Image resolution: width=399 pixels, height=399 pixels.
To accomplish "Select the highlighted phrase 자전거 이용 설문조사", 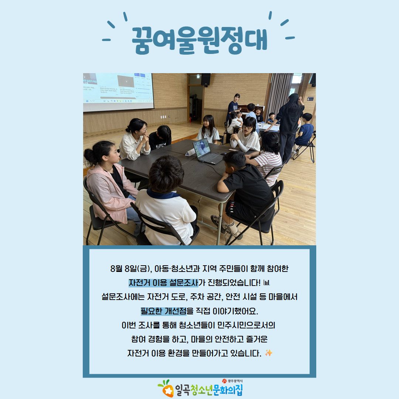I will (x=163, y=283).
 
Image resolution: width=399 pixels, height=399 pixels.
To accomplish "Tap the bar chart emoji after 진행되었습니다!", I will (x=267, y=283).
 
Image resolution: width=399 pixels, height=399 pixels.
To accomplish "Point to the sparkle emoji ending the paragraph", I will (x=269, y=353).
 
